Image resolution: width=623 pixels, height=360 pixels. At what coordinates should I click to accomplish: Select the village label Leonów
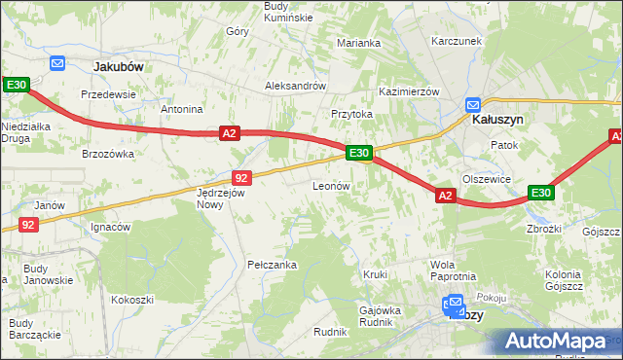point(331,185)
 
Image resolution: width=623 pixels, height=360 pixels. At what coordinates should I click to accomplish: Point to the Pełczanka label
point(272,265)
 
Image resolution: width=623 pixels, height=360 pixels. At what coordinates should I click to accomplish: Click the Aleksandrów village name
point(295,86)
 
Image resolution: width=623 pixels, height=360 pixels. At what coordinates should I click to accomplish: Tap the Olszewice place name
point(487,179)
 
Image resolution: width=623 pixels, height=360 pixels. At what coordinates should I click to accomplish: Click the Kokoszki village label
point(132,300)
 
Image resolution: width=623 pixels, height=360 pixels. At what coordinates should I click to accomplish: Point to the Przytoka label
point(352,114)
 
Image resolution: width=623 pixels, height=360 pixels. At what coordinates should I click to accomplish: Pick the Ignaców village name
point(110,228)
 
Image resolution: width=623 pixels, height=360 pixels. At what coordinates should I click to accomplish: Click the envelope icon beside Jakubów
point(56,63)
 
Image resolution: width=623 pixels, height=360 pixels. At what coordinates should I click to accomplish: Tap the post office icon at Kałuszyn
point(473,104)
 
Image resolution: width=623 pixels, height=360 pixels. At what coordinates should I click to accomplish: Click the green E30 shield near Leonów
point(358,153)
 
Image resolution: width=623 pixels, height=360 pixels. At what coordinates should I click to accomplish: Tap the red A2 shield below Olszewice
point(445,196)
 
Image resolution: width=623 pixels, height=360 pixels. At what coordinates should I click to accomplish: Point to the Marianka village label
point(358,43)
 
